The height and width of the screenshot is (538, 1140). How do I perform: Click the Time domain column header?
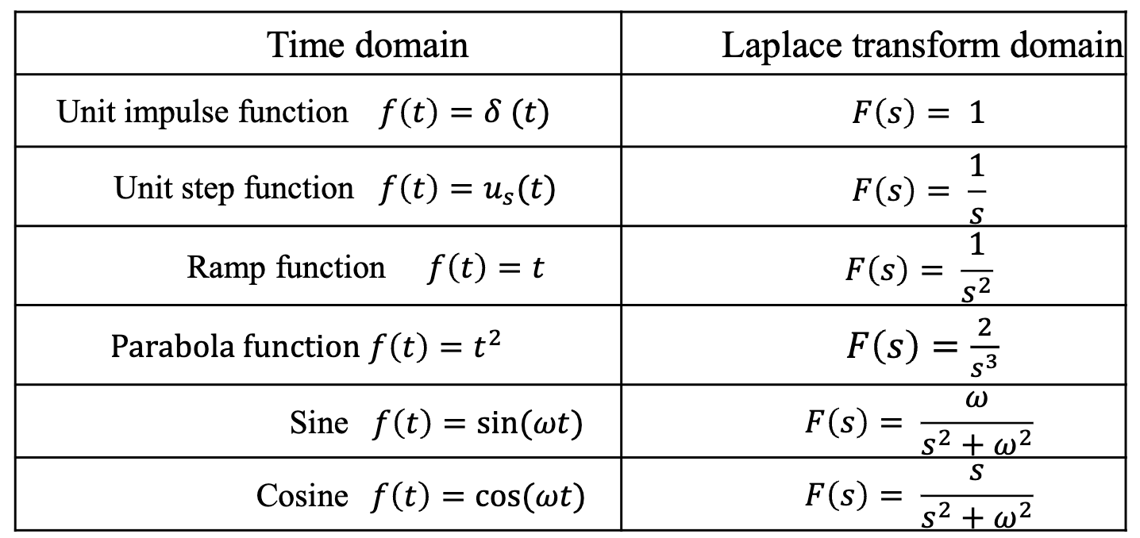click(x=367, y=45)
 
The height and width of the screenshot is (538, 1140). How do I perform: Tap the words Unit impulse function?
click(x=202, y=112)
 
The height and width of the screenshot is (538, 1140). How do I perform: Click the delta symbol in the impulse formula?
click(x=489, y=112)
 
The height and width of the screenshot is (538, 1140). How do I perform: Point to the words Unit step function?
click(x=233, y=188)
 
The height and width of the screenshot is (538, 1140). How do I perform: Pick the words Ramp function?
click(x=286, y=267)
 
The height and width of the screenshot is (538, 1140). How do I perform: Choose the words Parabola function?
click(x=235, y=346)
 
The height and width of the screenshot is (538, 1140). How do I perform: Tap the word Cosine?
click(x=302, y=496)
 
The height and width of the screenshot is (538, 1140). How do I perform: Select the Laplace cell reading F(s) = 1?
click(x=918, y=113)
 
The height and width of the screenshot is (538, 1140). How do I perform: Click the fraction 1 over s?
click(x=977, y=190)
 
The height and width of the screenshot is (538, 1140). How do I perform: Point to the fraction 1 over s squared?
click(x=976, y=270)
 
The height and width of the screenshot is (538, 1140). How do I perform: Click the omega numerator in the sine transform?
click(x=977, y=399)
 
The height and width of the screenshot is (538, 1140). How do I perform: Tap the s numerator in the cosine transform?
click(x=977, y=473)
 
